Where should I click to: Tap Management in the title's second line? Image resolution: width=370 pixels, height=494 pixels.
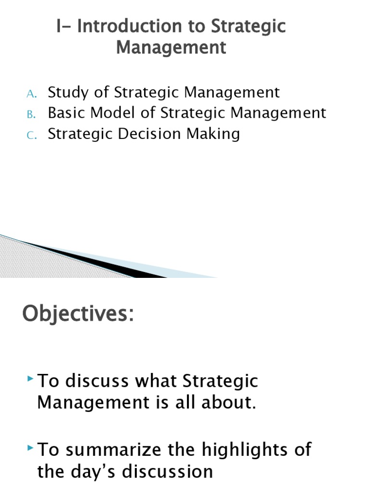171,47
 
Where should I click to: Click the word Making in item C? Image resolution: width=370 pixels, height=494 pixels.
214,134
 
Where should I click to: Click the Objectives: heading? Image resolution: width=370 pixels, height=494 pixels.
78,315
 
